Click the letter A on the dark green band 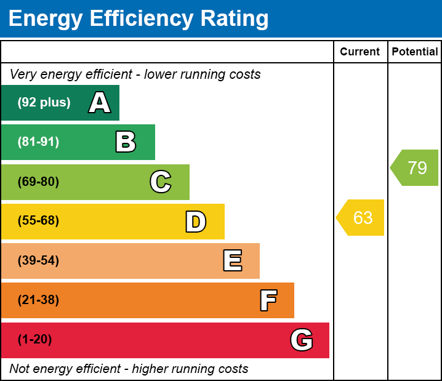100,103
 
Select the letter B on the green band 126,142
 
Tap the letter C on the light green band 161,182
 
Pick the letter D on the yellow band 196,222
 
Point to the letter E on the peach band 232,261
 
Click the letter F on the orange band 268,300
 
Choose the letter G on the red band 302,340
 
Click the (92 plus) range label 44,103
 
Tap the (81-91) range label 38,142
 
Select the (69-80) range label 38,182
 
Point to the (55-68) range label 38,221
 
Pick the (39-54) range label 38,261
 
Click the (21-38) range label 38,300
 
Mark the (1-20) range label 35,340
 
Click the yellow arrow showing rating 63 361,217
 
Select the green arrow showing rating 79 416,167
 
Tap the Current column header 360,52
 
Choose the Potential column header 415,52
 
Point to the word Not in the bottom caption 20,369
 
